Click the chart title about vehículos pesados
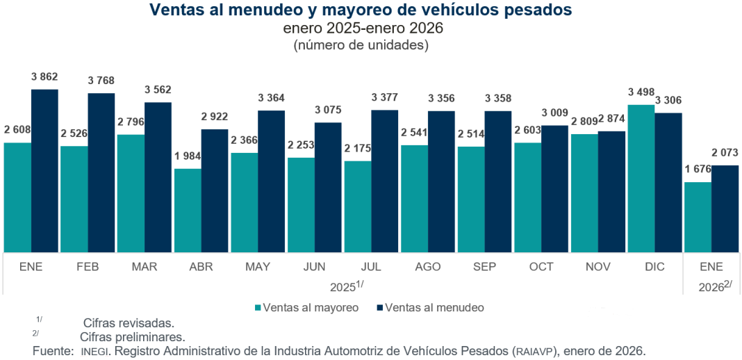[x=361, y=10]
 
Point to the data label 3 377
[x=384, y=97]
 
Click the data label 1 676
[x=698, y=170]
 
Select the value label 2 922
[x=214, y=116]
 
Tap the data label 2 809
[x=584, y=122]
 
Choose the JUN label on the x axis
[x=314, y=267]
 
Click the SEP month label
[x=484, y=267]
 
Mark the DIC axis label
[x=654, y=267]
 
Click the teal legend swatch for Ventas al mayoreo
[x=258, y=307]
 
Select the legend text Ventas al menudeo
[x=434, y=307]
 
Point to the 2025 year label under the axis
[x=343, y=286]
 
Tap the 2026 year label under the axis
[x=711, y=286]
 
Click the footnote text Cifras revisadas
[x=128, y=323]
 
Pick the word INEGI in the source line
[x=93, y=351]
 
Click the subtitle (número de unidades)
[x=361, y=45]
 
